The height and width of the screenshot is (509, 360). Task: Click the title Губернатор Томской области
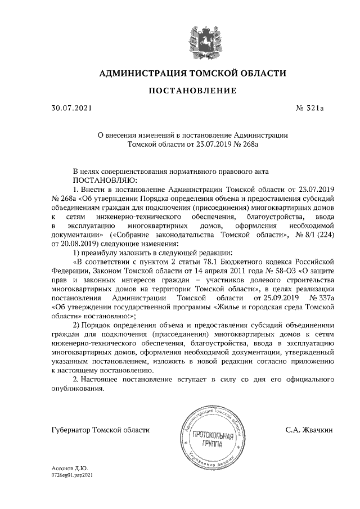pyautogui.click(x=100, y=430)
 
